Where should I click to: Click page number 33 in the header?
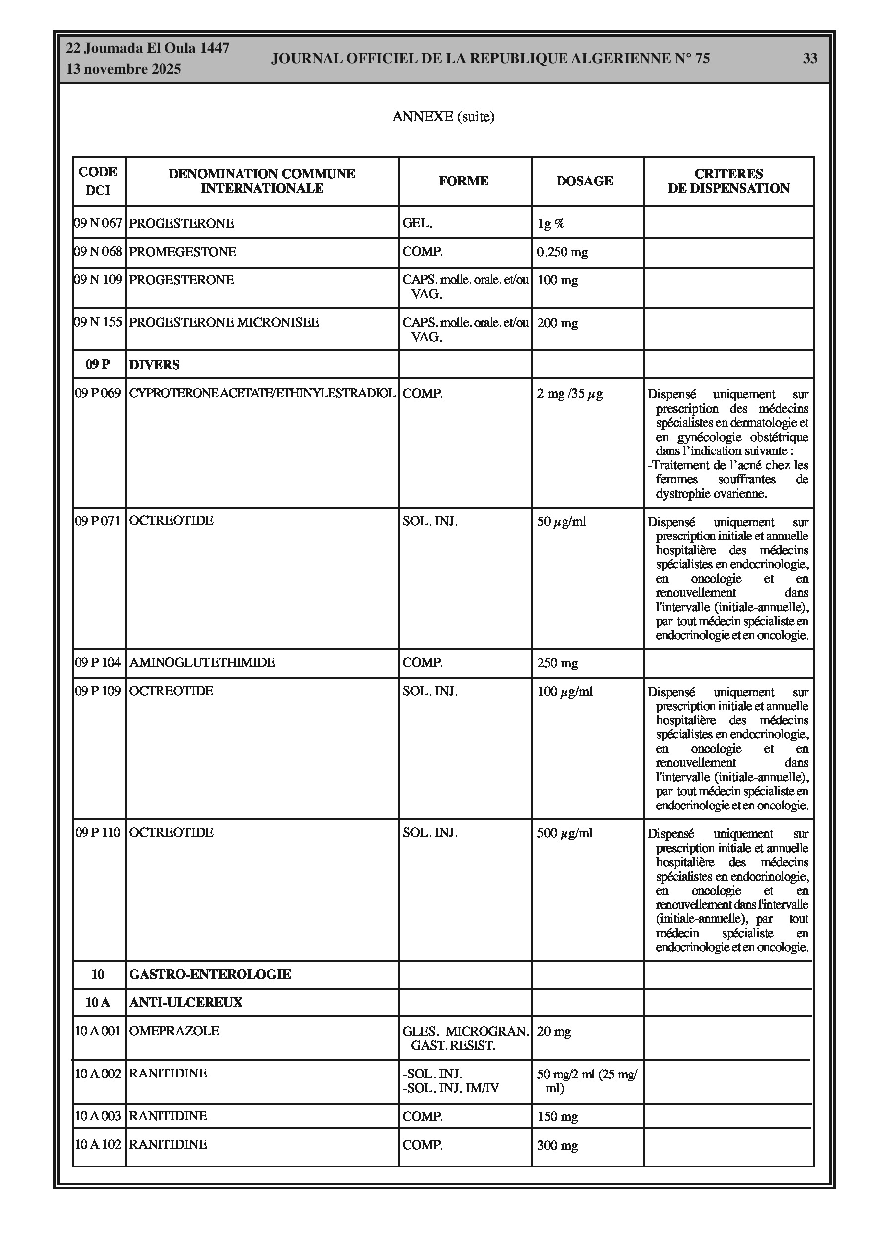point(809,59)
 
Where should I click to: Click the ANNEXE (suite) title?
point(443,116)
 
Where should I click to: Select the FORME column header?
point(463,181)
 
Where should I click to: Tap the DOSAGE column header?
point(584,181)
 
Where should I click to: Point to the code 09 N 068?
point(98,252)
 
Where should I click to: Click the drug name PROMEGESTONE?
point(183,252)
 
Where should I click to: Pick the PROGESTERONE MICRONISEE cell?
point(224,322)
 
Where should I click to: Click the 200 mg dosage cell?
point(557,323)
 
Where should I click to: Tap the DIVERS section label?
point(154,365)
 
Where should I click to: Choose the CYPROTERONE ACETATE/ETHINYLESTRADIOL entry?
point(262,393)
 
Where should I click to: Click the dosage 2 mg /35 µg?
point(569,394)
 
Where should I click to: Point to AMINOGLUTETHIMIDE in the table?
point(202,662)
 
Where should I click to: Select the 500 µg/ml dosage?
point(564,833)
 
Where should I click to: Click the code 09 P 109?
point(98,691)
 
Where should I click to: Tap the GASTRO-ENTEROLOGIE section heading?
point(210,974)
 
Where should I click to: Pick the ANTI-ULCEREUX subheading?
point(185,1002)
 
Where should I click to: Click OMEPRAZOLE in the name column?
point(174,1031)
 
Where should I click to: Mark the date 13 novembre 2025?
point(124,69)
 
